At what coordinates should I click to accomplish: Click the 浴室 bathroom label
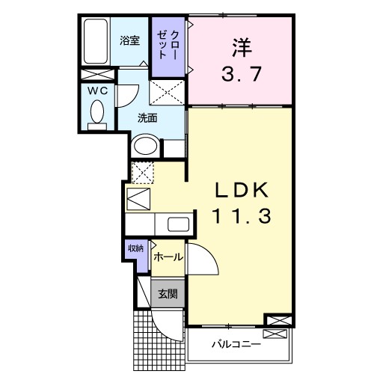pyautogui.click(x=130, y=41)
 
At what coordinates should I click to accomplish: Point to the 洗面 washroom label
pyautogui.click(x=147, y=117)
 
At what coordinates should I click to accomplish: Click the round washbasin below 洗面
pyautogui.click(x=145, y=145)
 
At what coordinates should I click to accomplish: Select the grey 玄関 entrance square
pyautogui.click(x=165, y=292)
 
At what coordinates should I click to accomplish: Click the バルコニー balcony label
pyautogui.click(x=234, y=345)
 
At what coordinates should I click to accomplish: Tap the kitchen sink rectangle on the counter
pyautogui.click(x=178, y=224)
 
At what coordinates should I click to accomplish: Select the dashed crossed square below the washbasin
pyautogui.click(x=141, y=171)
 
